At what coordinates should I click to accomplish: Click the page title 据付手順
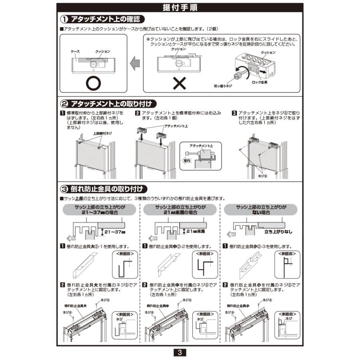point(180,8)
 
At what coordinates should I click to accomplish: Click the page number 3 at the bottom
point(180,352)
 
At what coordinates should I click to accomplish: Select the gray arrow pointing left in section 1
point(135,63)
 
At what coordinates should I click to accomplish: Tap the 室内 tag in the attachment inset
point(187,160)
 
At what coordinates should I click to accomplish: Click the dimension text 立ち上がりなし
point(278,231)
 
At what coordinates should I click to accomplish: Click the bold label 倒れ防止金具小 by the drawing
point(237,306)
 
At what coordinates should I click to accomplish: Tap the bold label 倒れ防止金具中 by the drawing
point(156,306)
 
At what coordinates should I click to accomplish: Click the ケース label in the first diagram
point(75,52)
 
